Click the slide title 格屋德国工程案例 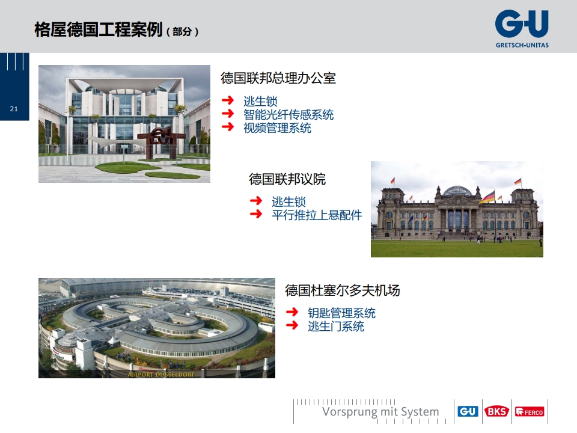98,29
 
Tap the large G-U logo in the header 522,24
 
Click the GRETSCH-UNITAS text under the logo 522,45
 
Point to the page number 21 14,109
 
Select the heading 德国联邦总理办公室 278,78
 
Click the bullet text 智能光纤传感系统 288,114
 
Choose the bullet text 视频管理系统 278,128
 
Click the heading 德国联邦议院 287,179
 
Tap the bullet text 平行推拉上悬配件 317,215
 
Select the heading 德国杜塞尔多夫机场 342,290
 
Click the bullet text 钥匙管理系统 341,313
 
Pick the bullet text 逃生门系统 336,326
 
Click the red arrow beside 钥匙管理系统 292,312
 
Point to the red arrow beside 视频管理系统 228,127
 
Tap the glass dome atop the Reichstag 457,191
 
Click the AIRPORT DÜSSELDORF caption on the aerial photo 161,375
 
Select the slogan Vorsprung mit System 380,411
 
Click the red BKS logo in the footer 496,411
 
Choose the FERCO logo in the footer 530,411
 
